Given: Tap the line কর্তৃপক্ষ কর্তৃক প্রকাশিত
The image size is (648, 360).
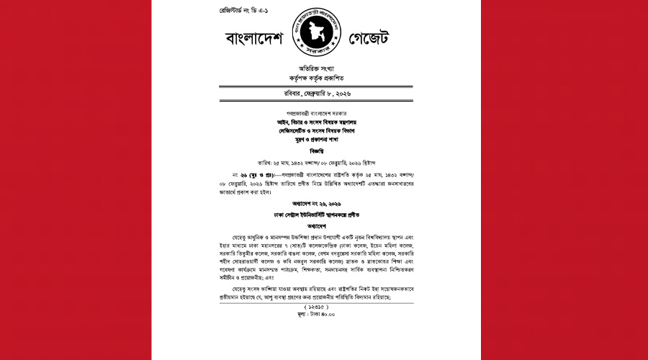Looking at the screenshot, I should pos(323,78).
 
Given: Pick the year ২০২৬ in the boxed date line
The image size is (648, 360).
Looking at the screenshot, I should pos(359,94).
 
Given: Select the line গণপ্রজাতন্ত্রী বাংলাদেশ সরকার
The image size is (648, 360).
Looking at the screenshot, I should pos(323,114).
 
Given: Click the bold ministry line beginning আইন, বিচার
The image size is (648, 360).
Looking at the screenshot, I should pos(323,122).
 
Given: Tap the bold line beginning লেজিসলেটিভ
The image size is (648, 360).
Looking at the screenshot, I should pos(323,131).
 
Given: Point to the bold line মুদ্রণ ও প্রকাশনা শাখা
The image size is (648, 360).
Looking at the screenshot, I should pos(323,140).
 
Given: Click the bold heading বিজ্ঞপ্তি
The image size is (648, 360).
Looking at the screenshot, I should pos(323,152).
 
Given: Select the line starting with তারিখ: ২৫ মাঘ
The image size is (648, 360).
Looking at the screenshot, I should pos(323,164).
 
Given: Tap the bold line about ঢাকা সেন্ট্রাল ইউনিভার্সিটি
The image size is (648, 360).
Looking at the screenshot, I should pos(323,215).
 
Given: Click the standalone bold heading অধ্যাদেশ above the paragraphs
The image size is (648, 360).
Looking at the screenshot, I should pos(323,228).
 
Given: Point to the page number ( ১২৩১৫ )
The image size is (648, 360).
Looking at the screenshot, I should pos(323,307).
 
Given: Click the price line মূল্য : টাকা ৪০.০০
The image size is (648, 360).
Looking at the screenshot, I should pos(323,315).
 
